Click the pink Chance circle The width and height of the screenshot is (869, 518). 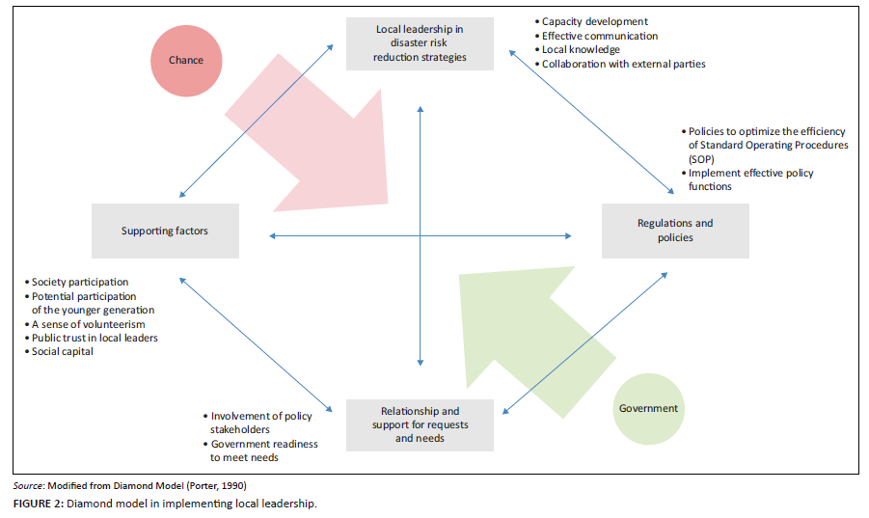coord(186,60)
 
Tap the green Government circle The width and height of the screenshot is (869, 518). coord(648,408)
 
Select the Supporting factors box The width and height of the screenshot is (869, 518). coord(165,231)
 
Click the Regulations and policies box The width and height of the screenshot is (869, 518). coord(675,231)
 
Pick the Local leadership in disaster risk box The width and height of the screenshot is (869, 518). coord(421,43)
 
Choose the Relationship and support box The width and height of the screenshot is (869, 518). coord(421,424)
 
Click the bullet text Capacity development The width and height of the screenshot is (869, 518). coord(594,21)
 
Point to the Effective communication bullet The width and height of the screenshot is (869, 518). coord(600,36)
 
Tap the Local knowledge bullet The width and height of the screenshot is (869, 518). coord(581,50)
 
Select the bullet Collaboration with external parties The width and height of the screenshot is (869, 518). coord(623,65)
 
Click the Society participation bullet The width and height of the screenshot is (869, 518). coord(80,283)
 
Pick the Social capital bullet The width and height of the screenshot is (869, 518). coord(64,352)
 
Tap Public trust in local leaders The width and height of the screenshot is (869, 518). coord(95,339)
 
